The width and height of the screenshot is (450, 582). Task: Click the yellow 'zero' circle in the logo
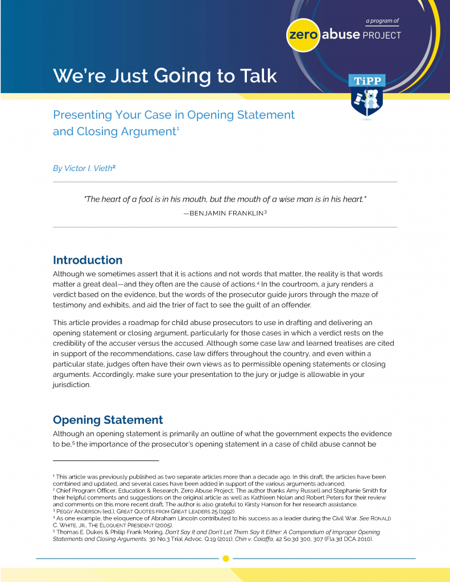point(303,35)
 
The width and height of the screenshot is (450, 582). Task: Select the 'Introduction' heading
point(88,260)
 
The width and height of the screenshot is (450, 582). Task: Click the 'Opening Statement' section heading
point(108,420)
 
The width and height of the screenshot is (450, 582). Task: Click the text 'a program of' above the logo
point(382,21)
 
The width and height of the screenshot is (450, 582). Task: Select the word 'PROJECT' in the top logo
point(382,35)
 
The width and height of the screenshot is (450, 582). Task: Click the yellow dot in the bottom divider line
point(225,558)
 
